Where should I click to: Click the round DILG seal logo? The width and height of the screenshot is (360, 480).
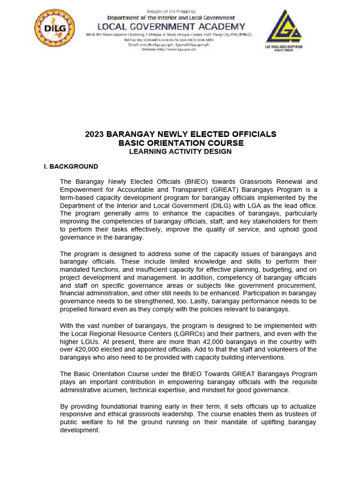pos(54,28)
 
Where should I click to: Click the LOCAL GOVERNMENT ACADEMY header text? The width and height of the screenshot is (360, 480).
pos(171,26)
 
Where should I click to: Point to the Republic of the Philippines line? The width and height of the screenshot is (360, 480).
pos(171,11)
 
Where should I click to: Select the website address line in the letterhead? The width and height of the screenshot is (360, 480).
pos(169,49)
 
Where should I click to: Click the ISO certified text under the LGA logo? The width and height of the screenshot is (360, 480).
pos(285,48)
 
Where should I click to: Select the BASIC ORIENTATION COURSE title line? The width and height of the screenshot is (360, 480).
pos(180,143)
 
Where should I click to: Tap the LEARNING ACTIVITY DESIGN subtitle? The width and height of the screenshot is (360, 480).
pos(180,151)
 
